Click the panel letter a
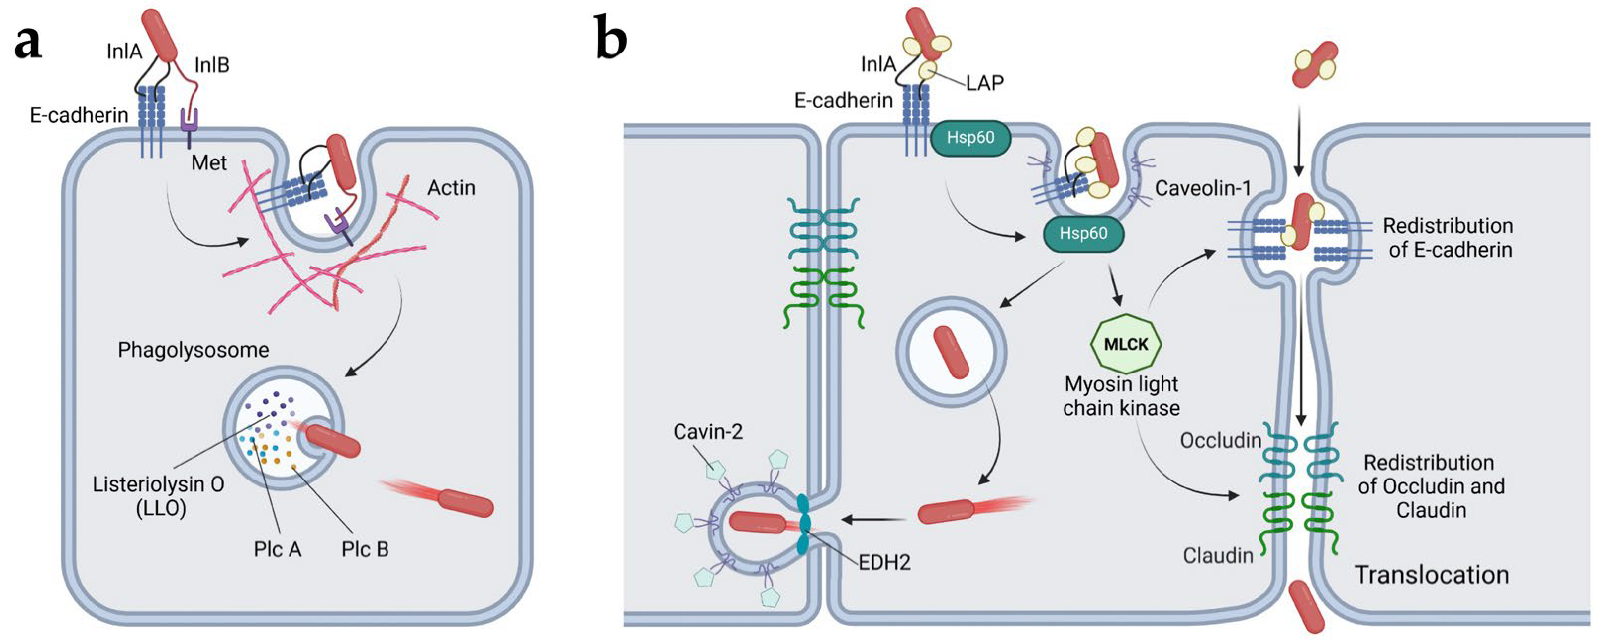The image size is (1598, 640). (x=29, y=44)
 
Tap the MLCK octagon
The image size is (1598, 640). (x=1126, y=343)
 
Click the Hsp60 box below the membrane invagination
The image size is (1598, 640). (x=1083, y=233)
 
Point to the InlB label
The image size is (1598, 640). (x=212, y=65)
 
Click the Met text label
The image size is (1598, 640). (x=209, y=163)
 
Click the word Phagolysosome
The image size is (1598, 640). (x=194, y=350)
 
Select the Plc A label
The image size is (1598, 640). (x=277, y=549)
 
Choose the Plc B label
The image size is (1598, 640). (x=365, y=549)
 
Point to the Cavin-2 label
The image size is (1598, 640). (x=708, y=431)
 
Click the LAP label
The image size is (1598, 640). (x=985, y=83)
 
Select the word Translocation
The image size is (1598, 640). (x=1431, y=575)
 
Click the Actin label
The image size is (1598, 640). (x=451, y=188)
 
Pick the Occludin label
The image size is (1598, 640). (x=1220, y=440)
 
